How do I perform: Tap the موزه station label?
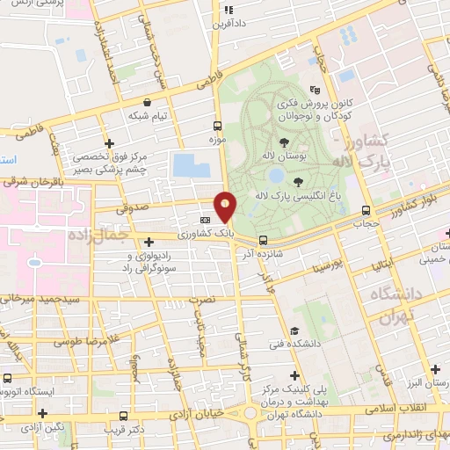click(218, 140)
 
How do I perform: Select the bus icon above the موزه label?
click(218, 126)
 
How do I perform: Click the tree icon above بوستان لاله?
click(283, 142)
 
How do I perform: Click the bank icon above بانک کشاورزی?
click(205, 220)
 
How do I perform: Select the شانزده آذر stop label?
click(263, 254)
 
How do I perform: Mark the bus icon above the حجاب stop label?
click(367, 210)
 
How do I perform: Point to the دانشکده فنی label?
click(323, 344)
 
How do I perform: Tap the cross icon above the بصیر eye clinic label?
click(109, 143)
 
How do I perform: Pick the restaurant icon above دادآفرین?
click(228, 11)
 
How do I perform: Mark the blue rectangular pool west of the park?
click(186, 164)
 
